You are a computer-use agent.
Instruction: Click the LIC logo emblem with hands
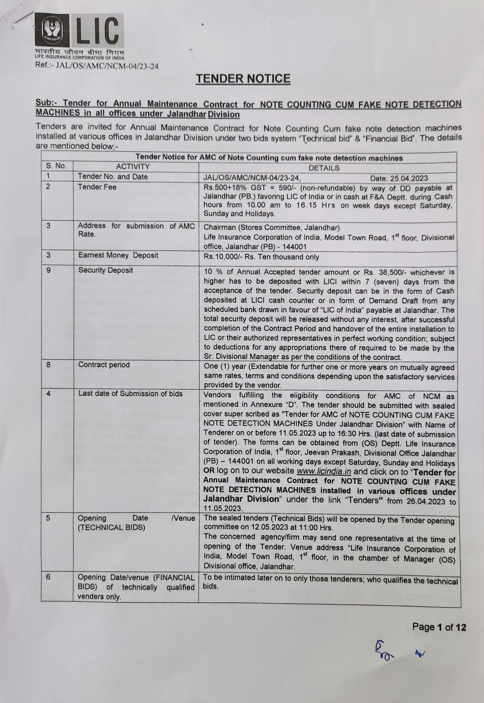click(x=52, y=30)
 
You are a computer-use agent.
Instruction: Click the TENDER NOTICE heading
click(x=243, y=79)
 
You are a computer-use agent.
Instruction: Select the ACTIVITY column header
click(x=133, y=167)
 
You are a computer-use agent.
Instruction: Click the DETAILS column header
click(x=324, y=168)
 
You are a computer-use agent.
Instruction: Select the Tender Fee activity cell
click(x=97, y=187)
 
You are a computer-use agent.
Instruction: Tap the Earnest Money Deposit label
click(x=118, y=255)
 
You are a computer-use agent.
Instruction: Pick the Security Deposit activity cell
click(x=106, y=270)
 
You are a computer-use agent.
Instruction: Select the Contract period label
click(x=104, y=365)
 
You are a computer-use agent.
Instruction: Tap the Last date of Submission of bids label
click(x=130, y=394)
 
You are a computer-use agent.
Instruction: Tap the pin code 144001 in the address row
click(x=294, y=247)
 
